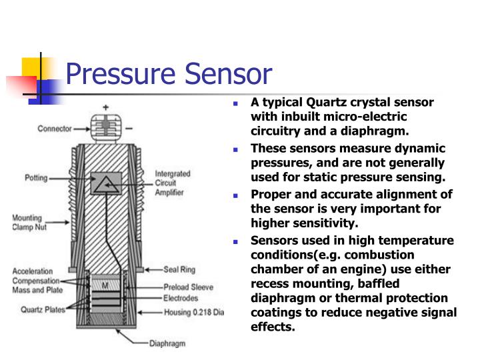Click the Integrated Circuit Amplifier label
tap(173, 183)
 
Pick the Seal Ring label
tap(181, 270)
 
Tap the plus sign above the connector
tap(105, 107)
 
